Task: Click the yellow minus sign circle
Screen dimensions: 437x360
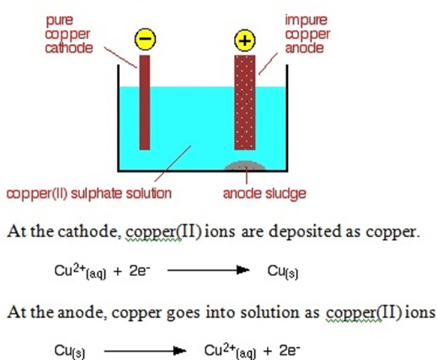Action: [x=145, y=39]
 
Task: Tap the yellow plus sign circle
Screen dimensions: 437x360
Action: [x=244, y=40]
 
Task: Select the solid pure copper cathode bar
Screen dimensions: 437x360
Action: [x=145, y=102]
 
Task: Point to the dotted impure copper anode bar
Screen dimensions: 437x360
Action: [x=244, y=102]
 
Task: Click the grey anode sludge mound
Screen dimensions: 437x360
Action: [x=244, y=166]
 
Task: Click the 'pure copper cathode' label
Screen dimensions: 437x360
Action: [x=69, y=34]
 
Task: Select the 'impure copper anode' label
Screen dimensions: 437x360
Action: [x=307, y=34]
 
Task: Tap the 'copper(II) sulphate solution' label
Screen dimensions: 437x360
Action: [x=89, y=193]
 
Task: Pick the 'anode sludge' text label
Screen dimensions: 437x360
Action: [x=265, y=193]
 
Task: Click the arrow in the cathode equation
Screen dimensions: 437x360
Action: [x=208, y=270]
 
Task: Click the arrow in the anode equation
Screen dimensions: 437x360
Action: [x=145, y=351]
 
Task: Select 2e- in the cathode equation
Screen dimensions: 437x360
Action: [x=140, y=271]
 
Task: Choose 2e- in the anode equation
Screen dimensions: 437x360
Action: [x=290, y=351]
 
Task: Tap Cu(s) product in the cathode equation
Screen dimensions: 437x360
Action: [x=283, y=271]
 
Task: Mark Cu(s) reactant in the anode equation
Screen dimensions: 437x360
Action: [x=70, y=352]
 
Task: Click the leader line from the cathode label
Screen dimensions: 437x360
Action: [x=121, y=58]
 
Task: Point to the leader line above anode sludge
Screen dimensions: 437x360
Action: [x=247, y=175]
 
